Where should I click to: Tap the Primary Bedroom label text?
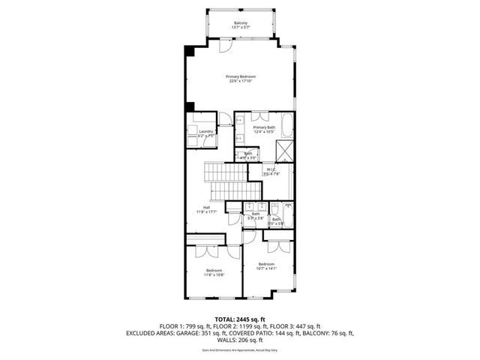241,79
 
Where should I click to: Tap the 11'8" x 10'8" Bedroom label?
214,272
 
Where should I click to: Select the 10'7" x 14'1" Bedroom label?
266,266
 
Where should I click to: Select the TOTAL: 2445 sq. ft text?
240,319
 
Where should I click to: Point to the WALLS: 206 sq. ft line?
240,341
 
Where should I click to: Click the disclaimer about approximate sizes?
240,350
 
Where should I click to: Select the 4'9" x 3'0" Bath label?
247,155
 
